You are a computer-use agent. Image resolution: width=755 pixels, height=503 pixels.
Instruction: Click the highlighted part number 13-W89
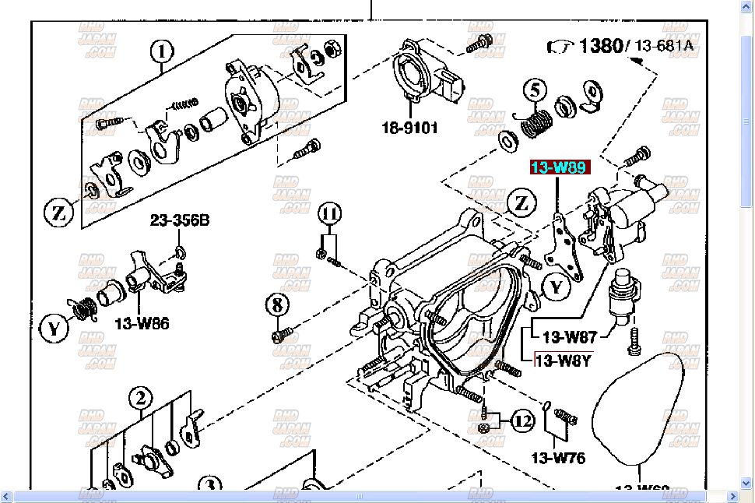(x=560, y=167)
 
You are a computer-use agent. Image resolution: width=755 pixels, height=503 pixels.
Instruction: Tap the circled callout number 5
(x=534, y=91)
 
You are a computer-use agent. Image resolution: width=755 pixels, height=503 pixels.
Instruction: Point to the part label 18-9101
(x=409, y=127)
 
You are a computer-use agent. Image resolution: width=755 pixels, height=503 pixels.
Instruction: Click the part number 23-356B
(x=180, y=221)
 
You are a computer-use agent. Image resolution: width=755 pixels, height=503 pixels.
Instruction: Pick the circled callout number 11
(x=330, y=213)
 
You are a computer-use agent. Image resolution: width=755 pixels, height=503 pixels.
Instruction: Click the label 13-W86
(x=142, y=324)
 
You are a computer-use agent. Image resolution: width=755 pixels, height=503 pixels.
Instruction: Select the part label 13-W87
(x=569, y=337)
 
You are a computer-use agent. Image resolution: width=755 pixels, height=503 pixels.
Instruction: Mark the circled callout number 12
(x=521, y=422)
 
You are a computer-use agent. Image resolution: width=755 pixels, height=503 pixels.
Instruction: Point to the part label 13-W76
(x=557, y=458)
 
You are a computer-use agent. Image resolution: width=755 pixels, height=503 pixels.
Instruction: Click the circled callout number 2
(x=140, y=399)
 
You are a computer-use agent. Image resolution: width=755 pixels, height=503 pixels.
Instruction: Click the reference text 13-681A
(x=663, y=46)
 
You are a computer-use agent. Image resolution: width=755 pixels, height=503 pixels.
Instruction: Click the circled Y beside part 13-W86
(x=54, y=329)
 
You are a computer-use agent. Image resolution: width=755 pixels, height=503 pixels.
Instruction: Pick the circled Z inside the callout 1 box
(x=58, y=211)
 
